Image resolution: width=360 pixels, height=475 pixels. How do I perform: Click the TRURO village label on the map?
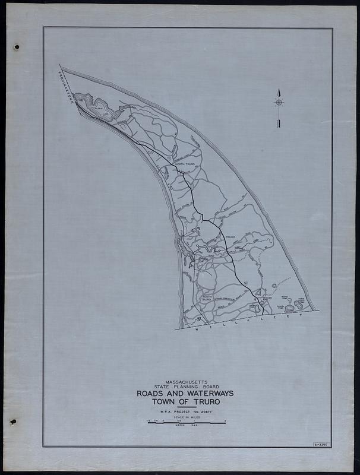point(230,237)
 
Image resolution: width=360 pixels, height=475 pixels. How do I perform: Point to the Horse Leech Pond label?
point(302,301)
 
